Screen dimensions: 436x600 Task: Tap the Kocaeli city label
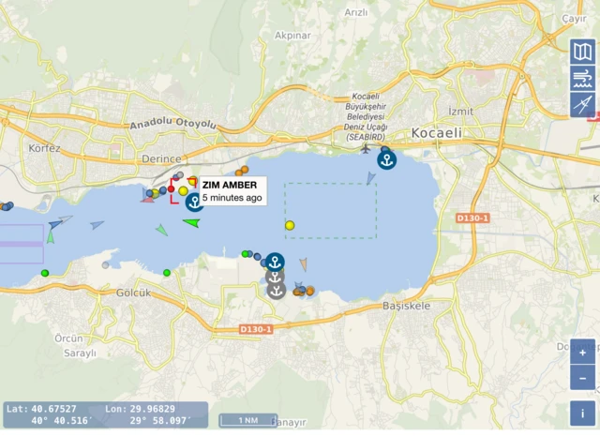436,133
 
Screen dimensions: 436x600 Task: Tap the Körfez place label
44,149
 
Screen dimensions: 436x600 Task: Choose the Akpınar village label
292,36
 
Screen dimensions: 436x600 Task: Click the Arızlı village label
356,12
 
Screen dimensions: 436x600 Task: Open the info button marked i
582,413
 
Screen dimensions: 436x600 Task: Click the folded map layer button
582,53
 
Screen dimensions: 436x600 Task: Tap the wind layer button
582,79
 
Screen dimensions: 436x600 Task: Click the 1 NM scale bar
248,420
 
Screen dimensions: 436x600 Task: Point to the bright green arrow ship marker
191,222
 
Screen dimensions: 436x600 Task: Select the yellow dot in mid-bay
290,225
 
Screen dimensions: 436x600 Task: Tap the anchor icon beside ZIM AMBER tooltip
194,201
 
